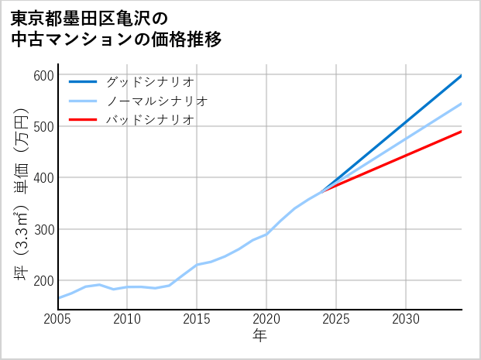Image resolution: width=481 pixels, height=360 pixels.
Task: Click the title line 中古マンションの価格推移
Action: point(116,39)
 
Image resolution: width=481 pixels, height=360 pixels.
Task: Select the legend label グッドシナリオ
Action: point(150,81)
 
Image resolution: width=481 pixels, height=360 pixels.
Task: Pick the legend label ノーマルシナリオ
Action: point(157,101)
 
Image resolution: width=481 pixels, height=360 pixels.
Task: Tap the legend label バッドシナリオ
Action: point(150,120)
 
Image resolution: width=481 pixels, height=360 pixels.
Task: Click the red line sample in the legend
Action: point(83,120)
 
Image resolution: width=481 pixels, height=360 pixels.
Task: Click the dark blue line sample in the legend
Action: point(83,81)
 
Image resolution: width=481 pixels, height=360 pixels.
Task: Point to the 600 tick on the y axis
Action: point(43,75)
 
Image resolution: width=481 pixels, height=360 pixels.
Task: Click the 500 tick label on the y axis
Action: point(43,127)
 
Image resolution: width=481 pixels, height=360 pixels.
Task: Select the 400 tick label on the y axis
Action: point(43,178)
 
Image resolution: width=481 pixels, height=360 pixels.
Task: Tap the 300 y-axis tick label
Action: point(43,230)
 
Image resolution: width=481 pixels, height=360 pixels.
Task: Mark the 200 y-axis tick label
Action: point(43,281)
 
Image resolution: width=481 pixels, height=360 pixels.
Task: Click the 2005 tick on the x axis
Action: point(58,319)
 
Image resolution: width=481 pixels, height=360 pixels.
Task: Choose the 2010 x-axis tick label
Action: point(127,319)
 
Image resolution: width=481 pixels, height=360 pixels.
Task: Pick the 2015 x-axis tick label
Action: point(197,319)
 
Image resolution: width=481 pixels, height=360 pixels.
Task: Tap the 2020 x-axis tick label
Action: point(266,319)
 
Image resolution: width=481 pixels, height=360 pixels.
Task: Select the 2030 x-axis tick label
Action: point(406,319)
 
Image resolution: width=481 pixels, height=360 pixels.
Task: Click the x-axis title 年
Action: point(260,336)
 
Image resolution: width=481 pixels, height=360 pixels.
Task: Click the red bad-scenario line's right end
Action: point(461,132)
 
